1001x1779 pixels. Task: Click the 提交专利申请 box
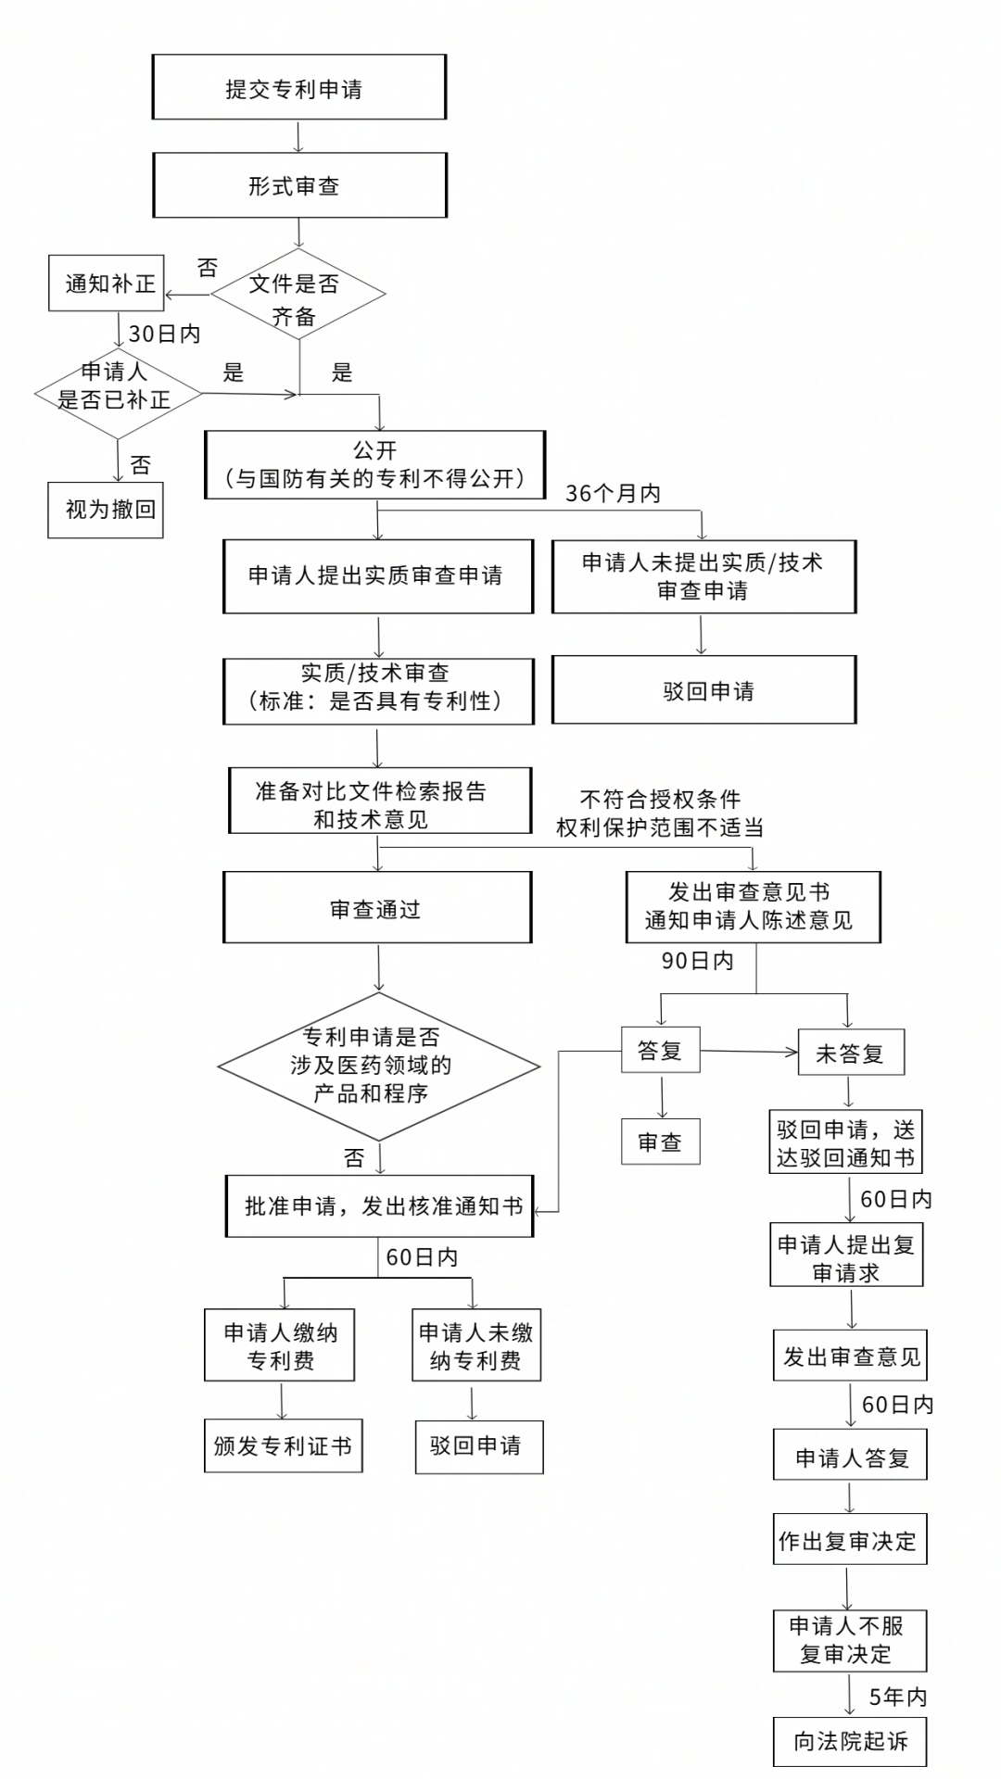(298, 87)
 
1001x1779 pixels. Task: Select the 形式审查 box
(298, 185)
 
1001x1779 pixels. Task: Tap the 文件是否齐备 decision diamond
(298, 296)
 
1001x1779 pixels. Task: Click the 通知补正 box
(106, 284)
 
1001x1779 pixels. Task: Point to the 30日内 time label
(164, 334)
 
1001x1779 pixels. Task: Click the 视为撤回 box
(106, 510)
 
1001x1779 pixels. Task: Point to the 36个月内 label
(613, 494)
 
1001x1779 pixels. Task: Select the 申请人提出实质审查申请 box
(377, 575)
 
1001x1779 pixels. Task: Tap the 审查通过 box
(377, 908)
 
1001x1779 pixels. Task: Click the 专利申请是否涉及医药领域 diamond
(378, 1066)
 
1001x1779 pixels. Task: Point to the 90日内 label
(697, 961)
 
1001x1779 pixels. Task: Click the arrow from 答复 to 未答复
(749, 1052)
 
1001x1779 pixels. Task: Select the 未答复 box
(850, 1053)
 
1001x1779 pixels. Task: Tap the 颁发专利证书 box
(283, 1445)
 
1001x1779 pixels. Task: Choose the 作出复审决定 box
(849, 1540)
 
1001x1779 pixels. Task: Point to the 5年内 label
(897, 1697)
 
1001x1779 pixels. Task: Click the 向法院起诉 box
(849, 1741)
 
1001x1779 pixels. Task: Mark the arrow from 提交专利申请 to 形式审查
(298, 135)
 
